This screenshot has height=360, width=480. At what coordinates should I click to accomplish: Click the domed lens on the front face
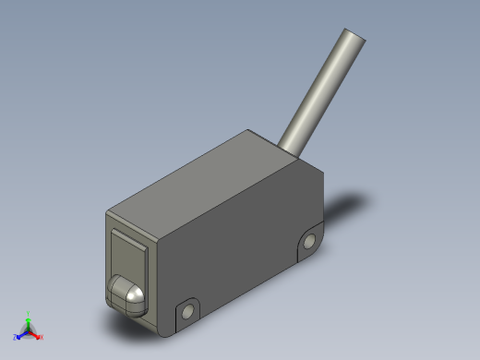(126, 295)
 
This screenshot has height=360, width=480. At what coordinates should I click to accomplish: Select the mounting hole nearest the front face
(188, 312)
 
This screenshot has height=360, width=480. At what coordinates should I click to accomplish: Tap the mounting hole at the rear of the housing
(308, 242)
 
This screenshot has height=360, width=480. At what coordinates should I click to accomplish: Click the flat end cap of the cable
(354, 38)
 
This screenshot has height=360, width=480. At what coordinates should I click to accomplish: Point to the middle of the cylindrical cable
(325, 89)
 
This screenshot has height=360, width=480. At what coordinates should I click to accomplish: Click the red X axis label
(42, 338)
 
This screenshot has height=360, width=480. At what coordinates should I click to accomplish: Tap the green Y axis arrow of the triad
(29, 322)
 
